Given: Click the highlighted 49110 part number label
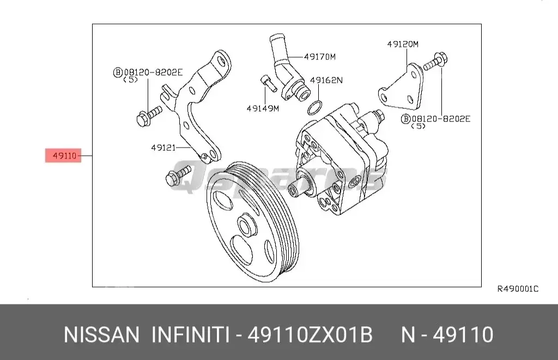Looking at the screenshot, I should pos(63,156).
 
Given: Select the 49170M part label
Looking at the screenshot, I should pos(320,56).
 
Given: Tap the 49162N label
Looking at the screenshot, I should pos(326,80).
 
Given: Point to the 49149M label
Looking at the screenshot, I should pos(262,108).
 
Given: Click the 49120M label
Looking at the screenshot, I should pos(403,44).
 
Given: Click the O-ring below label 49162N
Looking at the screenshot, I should pos(314,108).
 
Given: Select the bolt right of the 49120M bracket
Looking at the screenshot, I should pos(435,62).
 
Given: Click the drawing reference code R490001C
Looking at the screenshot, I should pos(517,289).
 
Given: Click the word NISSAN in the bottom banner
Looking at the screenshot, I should pos(101,334).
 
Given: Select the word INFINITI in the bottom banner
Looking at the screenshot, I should pos(190,334).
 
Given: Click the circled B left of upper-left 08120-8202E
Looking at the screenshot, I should pos(117,72).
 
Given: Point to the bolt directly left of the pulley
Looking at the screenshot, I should pos(177,176).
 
